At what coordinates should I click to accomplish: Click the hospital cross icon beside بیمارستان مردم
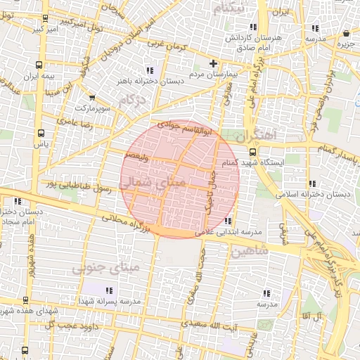213,64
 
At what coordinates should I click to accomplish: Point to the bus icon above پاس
41,132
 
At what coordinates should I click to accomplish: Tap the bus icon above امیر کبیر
46,18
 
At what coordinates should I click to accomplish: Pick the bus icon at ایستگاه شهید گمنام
252,150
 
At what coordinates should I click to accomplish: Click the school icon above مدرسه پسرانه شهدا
108,290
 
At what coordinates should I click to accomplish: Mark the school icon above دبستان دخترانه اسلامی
311,184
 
